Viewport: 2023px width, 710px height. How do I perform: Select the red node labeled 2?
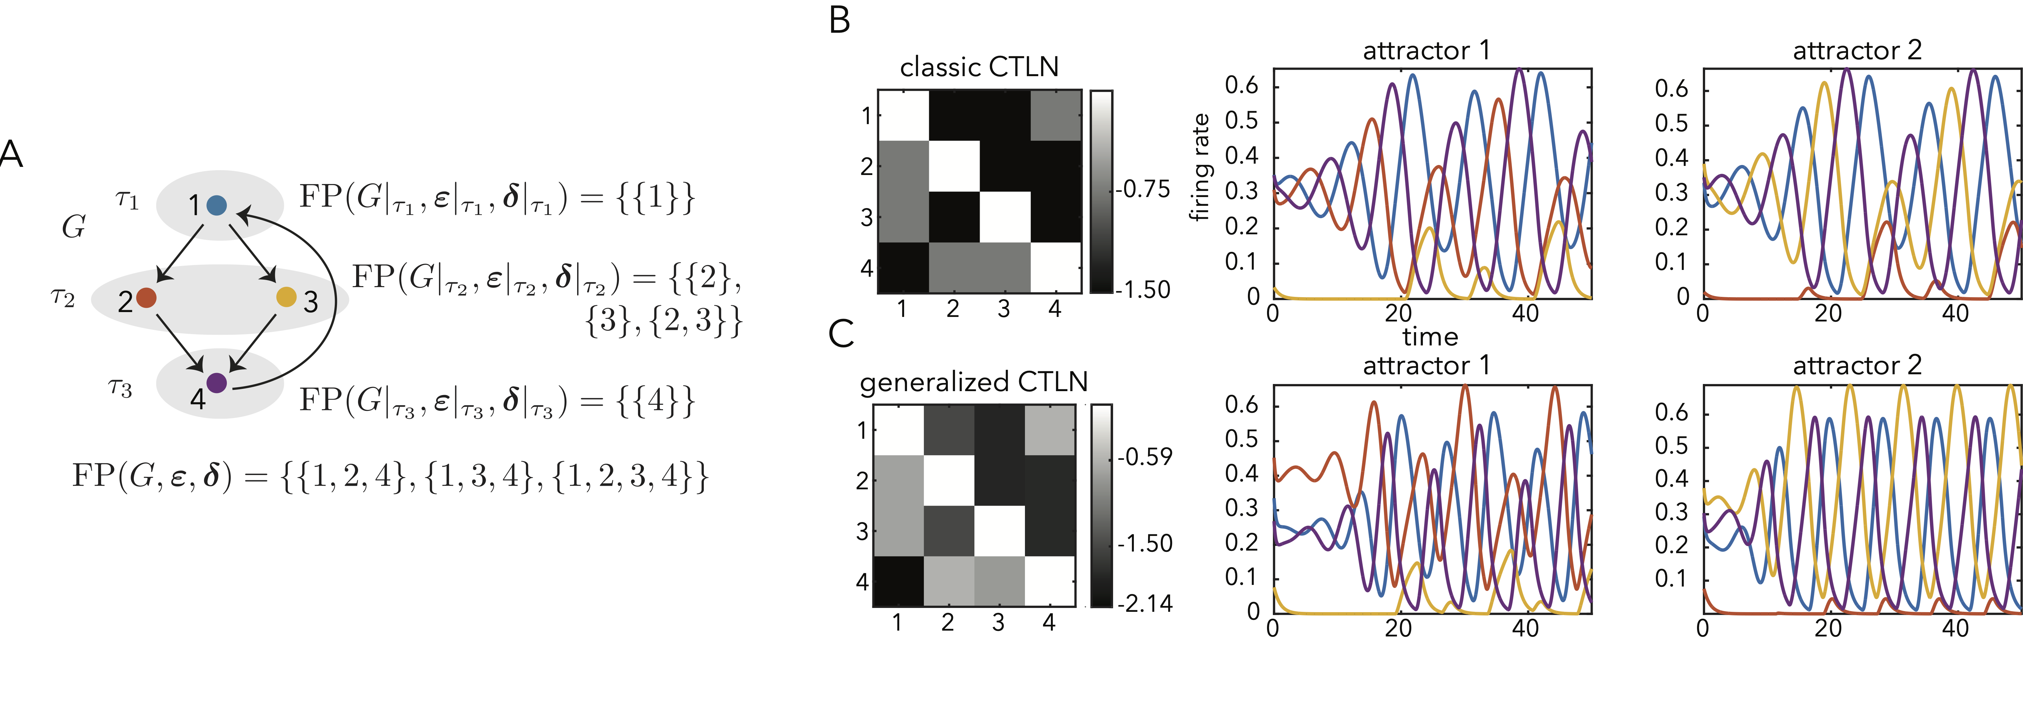(x=146, y=298)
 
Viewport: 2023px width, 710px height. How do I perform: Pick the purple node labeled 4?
(x=217, y=383)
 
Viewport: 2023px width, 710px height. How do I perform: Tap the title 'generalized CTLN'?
(x=974, y=382)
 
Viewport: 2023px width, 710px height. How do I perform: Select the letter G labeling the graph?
(x=74, y=227)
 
